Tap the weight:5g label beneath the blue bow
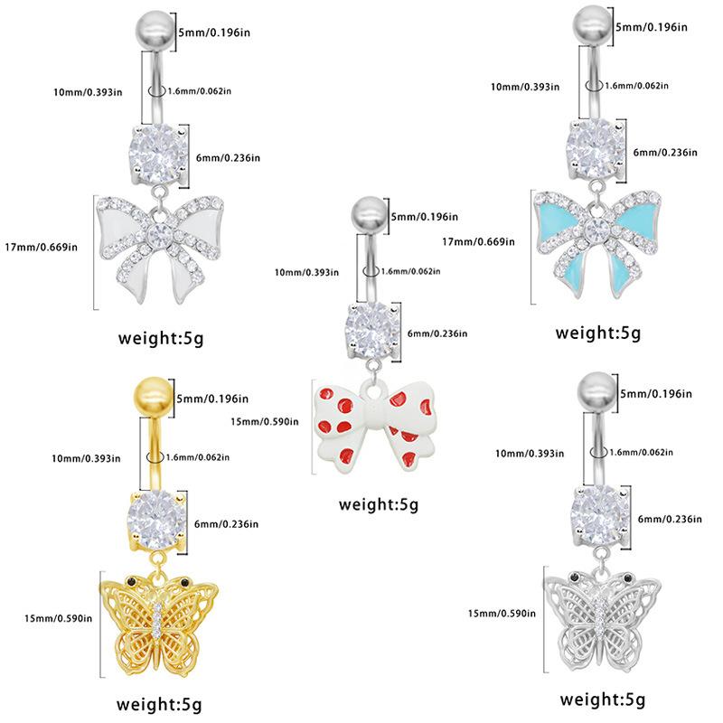597,332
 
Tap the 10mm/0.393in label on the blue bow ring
526,87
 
